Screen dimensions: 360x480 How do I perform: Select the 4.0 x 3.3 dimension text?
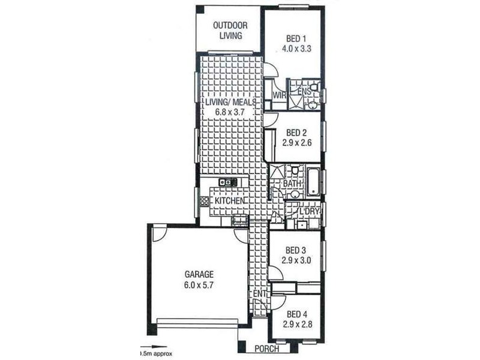click(296, 50)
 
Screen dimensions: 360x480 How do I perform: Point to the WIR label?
click(279, 95)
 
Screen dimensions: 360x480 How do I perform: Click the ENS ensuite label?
click(304, 92)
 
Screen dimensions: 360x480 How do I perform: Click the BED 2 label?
click(296, 133)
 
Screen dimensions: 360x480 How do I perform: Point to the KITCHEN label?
click(229, 200)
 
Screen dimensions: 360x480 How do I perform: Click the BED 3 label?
click(296, 250)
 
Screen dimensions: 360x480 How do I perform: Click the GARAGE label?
click(199, 275)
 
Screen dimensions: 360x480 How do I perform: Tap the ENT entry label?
click(259, 293)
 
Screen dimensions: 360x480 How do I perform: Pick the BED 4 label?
click(296, 314)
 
